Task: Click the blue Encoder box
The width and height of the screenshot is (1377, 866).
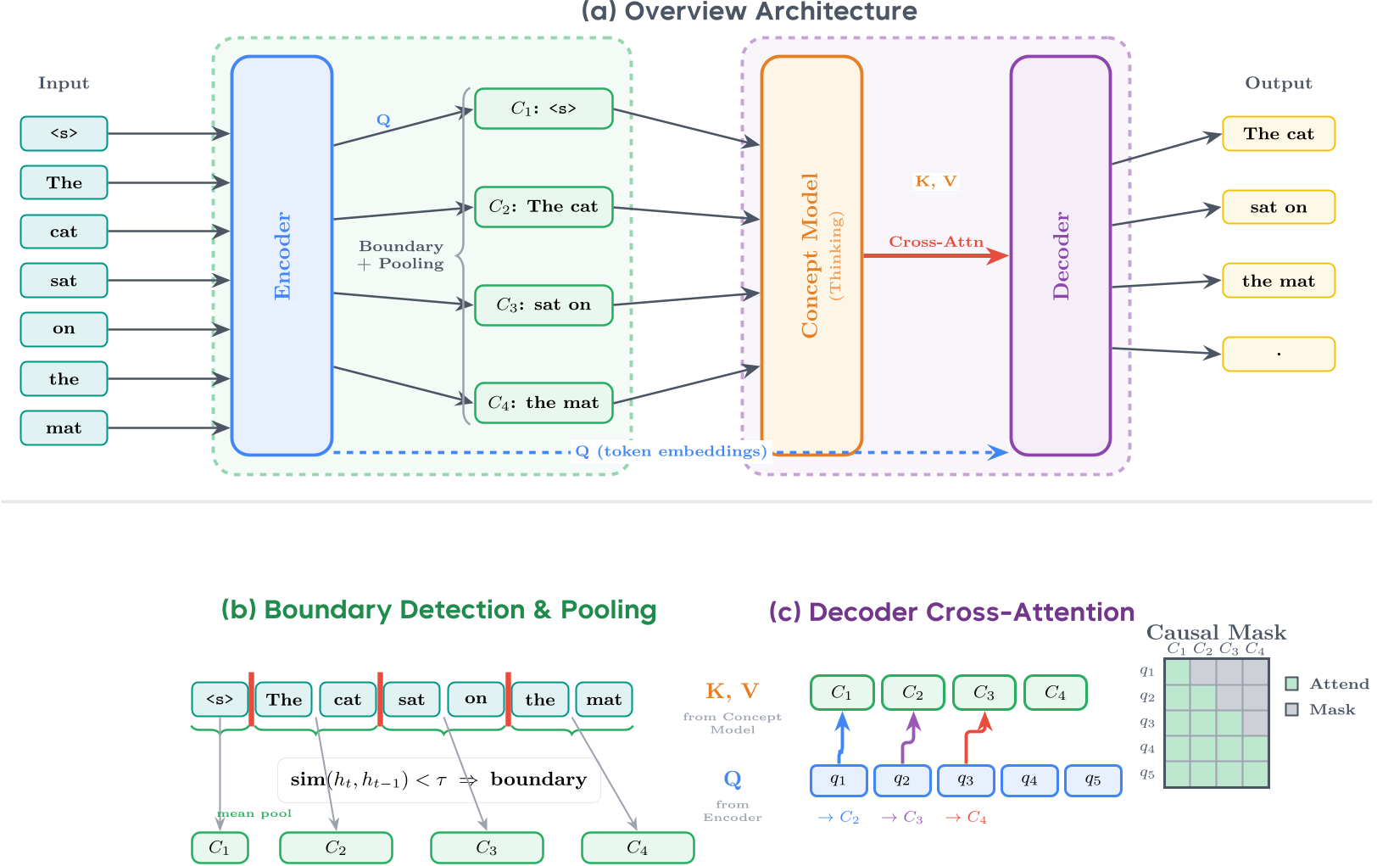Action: click(282, 255)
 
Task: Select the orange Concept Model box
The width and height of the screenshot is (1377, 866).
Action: click(811, 255)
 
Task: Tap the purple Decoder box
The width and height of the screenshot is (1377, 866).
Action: click(1060, 255)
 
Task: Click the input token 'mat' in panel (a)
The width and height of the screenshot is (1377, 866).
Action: click(64, 428)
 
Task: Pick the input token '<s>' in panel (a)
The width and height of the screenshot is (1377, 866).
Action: click(64, 133)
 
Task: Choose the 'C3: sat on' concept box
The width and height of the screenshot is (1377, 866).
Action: click(544, 305)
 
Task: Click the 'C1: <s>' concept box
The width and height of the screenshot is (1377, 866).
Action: click(544, 109)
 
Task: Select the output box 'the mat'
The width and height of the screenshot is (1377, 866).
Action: click(1278, 281)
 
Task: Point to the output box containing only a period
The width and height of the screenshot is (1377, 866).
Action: click(1278, 354)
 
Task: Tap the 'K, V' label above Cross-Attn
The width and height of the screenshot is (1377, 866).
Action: click(935, 181)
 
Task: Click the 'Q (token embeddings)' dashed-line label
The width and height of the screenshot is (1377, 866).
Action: click(671, 451)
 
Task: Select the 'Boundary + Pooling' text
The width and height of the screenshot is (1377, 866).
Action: click(401, 254)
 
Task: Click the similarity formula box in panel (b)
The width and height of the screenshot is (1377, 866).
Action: click(438, 779)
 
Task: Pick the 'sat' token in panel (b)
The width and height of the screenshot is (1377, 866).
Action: click(411, 700)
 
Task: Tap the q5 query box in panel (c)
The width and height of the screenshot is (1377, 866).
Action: click(1092, 780)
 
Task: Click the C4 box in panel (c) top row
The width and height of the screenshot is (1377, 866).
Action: click(1055, 693)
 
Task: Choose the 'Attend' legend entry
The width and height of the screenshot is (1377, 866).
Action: click(1329, 684)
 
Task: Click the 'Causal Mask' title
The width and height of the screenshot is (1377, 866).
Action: click(1216, 632)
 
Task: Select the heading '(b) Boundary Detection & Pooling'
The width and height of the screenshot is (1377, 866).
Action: click(438, 610)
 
